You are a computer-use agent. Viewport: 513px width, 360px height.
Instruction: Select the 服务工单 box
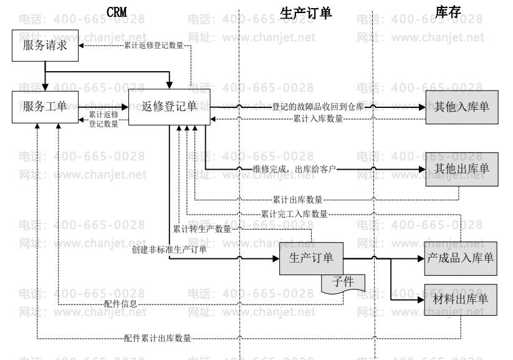click(45, 107)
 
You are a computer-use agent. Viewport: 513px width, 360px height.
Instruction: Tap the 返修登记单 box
click(169, 107)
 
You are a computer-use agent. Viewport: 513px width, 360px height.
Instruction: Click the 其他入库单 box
click(462, 107)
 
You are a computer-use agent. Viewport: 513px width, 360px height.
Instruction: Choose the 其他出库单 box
click(462, 169)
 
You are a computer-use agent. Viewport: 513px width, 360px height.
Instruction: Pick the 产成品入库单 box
click(462, 258)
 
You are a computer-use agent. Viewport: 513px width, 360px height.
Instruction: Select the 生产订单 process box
click(311, 258)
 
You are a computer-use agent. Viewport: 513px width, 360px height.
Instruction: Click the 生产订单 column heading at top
click(305, 13)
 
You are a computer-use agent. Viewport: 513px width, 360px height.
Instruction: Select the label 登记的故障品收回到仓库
click(318, 107)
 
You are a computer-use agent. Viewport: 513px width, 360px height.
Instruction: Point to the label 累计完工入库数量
click(294, 214)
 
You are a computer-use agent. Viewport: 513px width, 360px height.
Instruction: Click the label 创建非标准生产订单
click(170, 250)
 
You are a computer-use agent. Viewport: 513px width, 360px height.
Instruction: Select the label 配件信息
click(121, 304)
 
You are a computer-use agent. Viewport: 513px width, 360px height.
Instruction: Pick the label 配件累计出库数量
click(157, 338)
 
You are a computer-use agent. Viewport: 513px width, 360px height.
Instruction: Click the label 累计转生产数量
click(201, 229)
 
